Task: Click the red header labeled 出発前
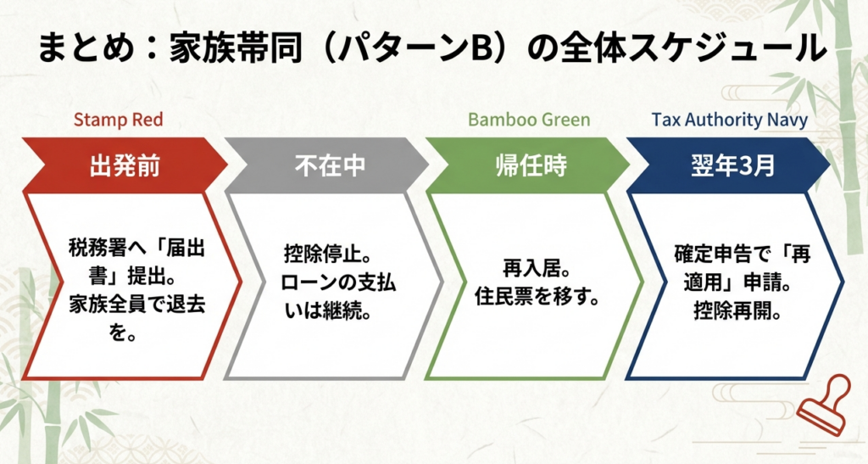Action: (x=125, y=165)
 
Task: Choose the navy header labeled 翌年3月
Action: (x=730, y=165)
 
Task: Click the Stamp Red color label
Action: (x=119, y=120)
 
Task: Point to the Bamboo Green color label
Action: (x=529, y=120)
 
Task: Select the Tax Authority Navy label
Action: (x=729, y=120)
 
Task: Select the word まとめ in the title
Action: (x=86, y=48)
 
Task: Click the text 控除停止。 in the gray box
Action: (x=327, y=256)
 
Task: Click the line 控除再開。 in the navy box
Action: (x=737, y=311)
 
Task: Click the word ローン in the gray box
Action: (x=307, y=283)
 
